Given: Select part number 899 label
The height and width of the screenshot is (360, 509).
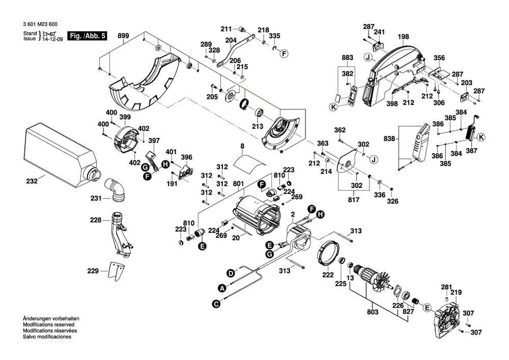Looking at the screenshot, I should pyautogui.click(x=123, y=36).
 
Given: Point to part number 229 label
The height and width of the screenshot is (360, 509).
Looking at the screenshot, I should pyautogui.click(x=92, y=271).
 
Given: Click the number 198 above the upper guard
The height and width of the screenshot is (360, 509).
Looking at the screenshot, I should pyautogui.click(x=403, y=37).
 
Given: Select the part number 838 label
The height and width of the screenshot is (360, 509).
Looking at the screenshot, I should pyautogui.click(x=390, y=139).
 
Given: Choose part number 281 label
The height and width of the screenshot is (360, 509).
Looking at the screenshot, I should pyautogui.click(x=446, y=287).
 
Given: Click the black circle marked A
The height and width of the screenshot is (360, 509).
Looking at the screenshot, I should pyautogui.click(x=222, y=288).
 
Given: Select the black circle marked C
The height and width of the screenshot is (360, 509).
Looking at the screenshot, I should pyautogui.click(x=216, y=303).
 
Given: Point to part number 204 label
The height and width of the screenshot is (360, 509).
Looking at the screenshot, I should pyautogui.click(x=231, y=40).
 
